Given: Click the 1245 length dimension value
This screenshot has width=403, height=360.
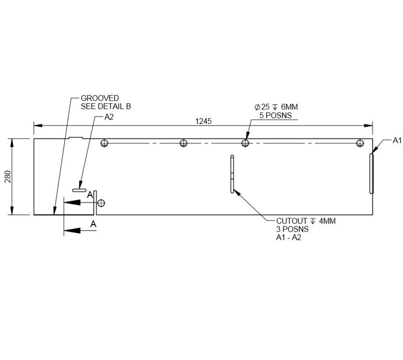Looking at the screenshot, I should point(203,121).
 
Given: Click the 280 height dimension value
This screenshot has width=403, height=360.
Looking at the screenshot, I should point(7,177).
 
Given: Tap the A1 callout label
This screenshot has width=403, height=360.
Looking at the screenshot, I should point(397,140).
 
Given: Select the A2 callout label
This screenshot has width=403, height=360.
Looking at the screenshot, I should point(109,117).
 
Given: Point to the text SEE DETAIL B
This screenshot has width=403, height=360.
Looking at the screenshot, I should point(106,106).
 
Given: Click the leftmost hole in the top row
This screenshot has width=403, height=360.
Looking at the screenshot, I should point(105,143).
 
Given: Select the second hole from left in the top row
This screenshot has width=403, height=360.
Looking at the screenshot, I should point(183,143).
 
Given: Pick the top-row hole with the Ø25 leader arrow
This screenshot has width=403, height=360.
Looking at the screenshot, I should point(245,143).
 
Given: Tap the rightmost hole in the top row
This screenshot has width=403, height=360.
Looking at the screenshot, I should point(360,143).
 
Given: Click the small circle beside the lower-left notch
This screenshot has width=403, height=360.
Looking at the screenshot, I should point(101,203).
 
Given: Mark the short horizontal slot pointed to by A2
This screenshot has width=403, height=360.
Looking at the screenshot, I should point(79,191).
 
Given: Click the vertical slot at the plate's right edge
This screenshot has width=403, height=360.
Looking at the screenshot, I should point(371,173).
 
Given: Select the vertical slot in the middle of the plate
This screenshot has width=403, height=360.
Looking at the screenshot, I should point(232,174).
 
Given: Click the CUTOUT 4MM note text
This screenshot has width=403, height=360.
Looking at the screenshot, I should point(306,221).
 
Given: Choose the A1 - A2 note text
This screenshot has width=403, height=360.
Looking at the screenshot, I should point(288,238).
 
